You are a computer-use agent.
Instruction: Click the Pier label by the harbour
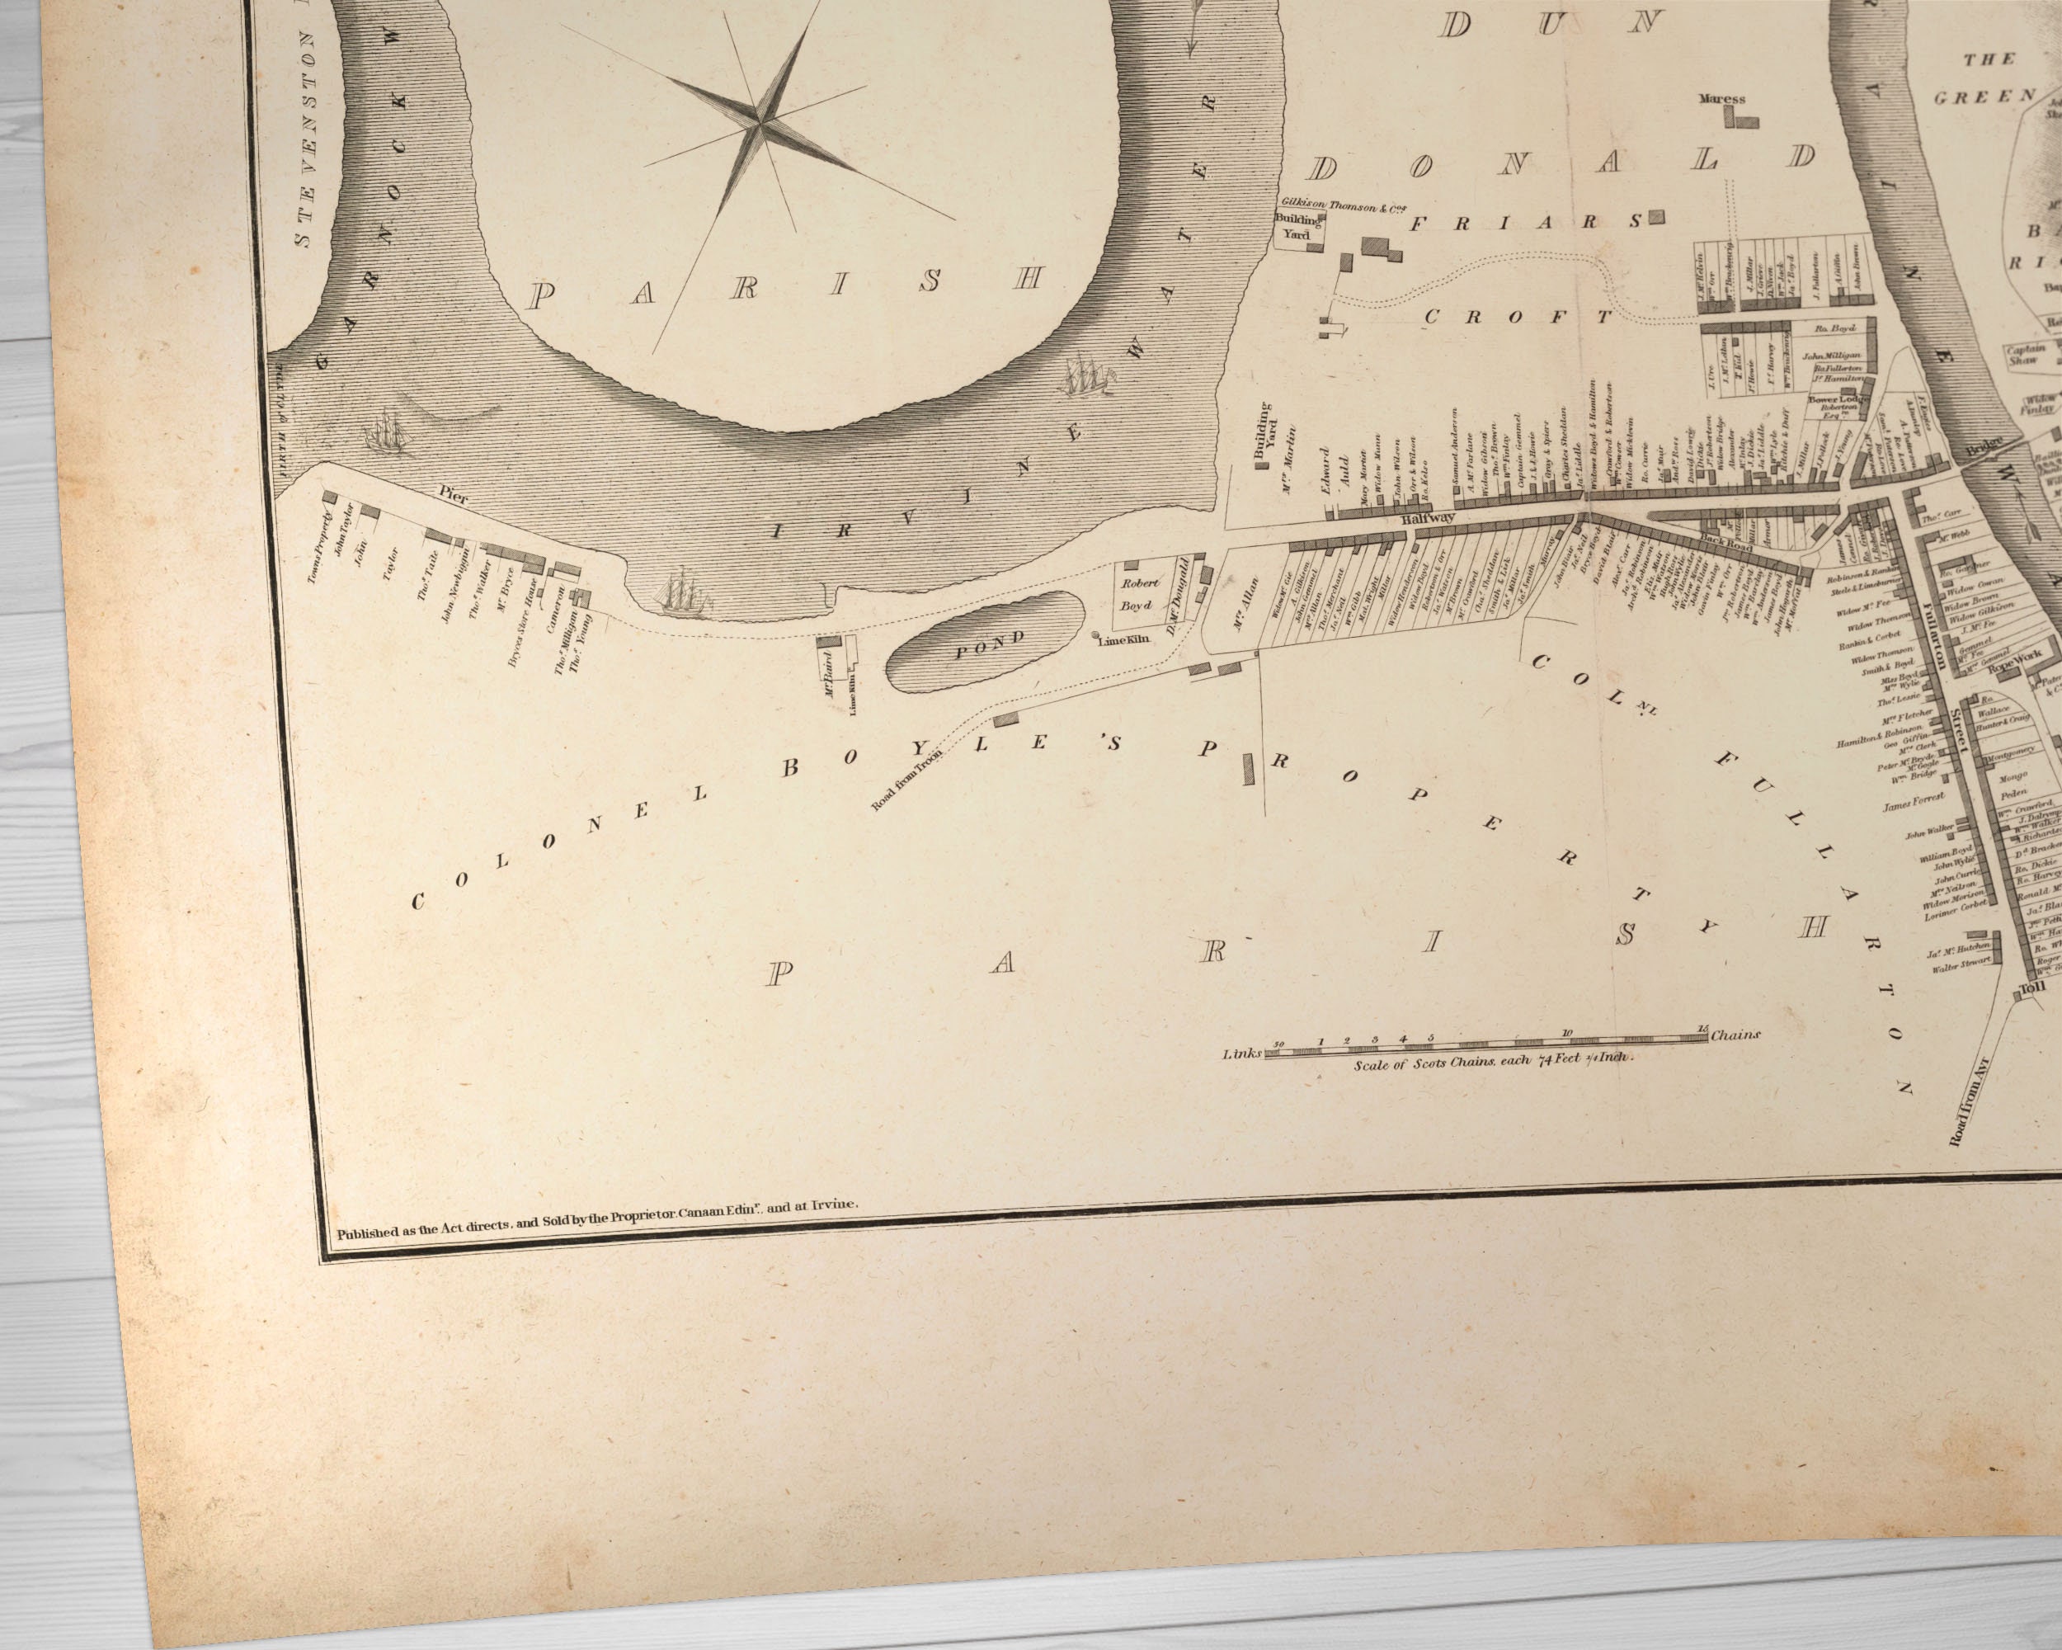point(450,492)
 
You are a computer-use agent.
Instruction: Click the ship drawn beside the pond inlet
point(683,590)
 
